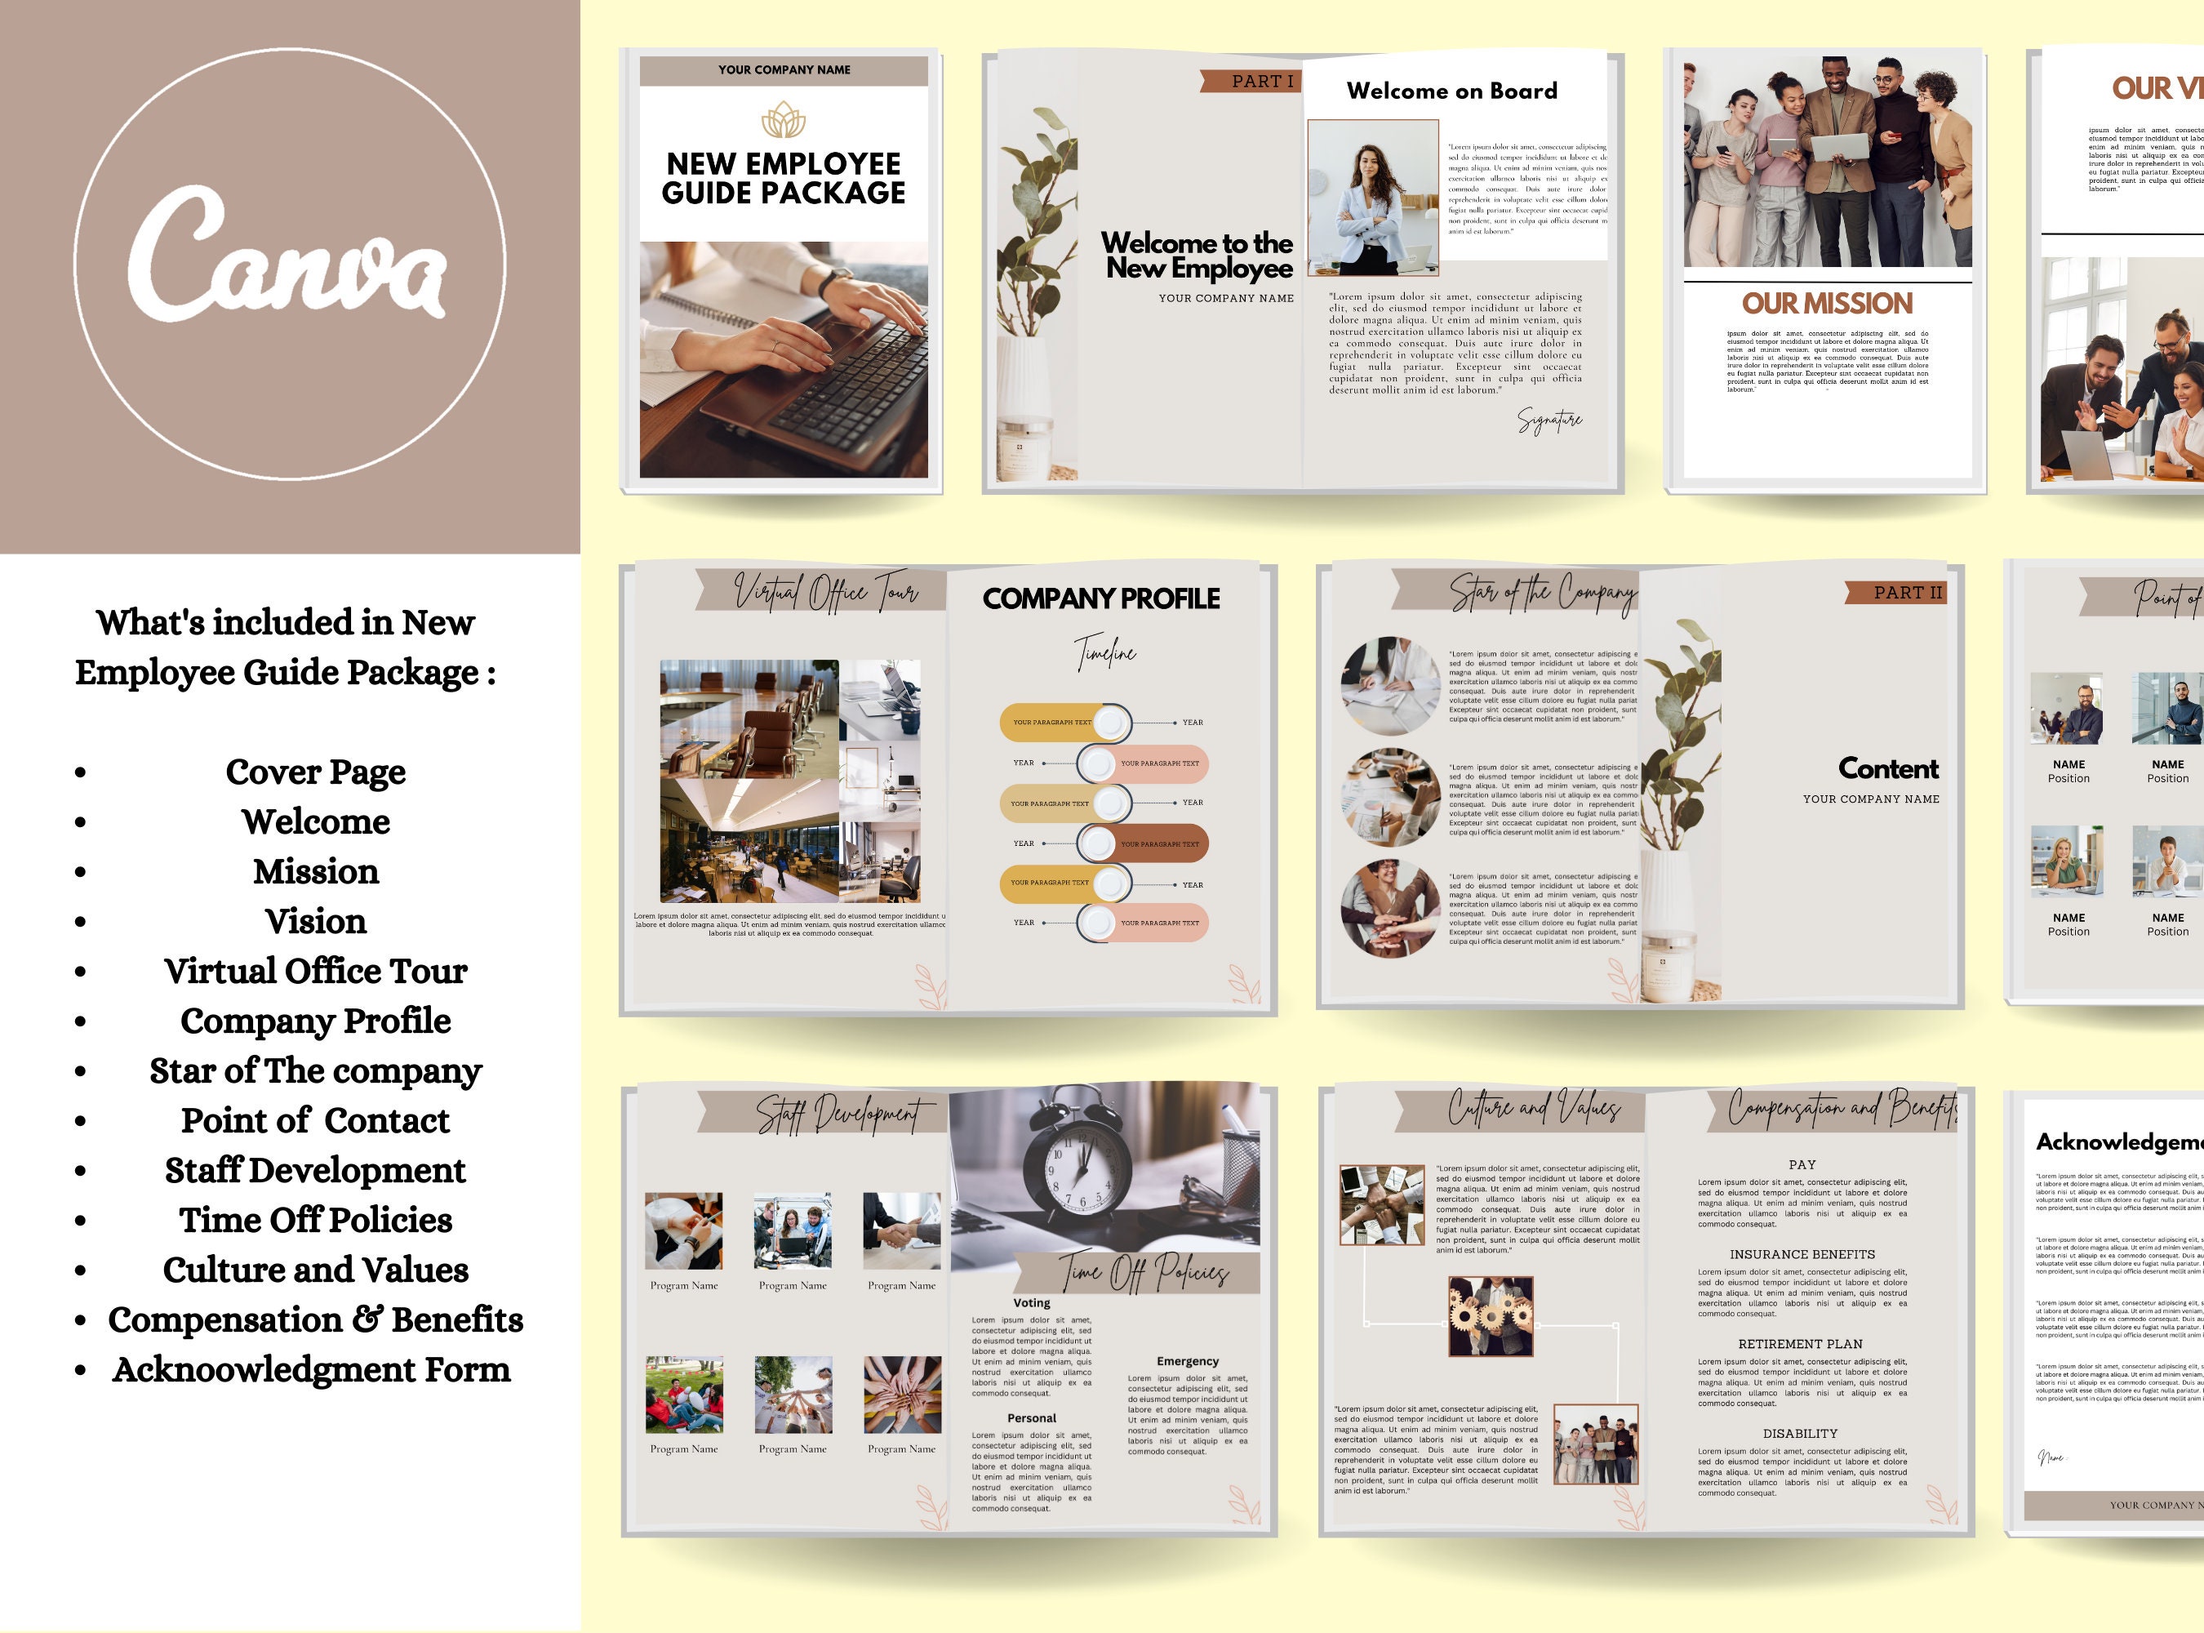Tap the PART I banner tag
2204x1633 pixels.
tap(1251, 81)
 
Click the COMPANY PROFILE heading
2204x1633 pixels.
tap(1101, 599)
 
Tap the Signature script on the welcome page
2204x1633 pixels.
tap(1549, 420)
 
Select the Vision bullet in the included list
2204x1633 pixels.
tap(315, 921)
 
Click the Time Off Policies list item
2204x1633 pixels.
tap(315, 1220)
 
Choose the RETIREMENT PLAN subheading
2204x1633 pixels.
tap(1800, 1344)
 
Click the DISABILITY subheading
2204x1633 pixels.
tap(1800, 1433)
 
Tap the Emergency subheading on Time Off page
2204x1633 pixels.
tap(1187, 1361)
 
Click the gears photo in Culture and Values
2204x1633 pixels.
tap(1490, 1315)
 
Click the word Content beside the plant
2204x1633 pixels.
tap(1888, 768)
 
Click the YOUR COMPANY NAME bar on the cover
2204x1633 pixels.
tap(783, 70)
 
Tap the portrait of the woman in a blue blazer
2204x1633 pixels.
tap(1372, 198)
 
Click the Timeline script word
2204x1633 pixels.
tap(1105, 653)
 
